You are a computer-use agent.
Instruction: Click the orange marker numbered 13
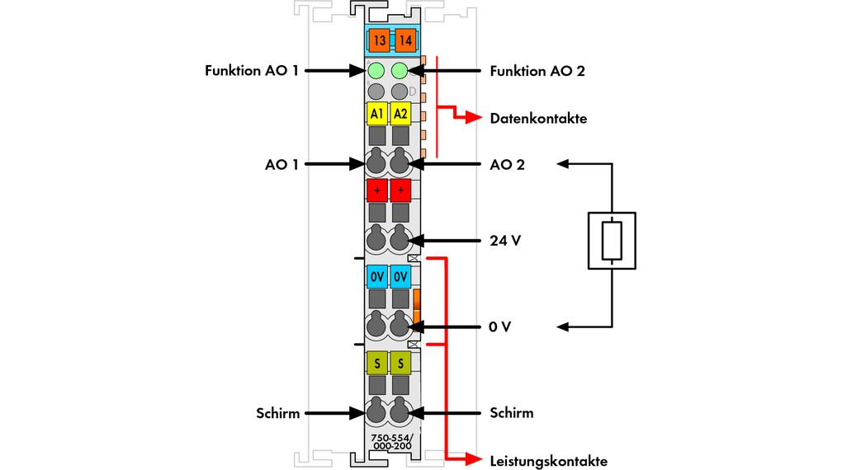(x=379, y=40)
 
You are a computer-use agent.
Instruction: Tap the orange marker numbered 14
(x=404, y=40)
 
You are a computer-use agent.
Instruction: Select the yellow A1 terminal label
(x=377, y=113)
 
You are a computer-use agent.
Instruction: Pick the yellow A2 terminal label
(x=400, y=113)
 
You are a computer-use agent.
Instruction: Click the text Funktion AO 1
(x=252, y=71)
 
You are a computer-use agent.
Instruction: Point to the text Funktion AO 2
(x=537, y=71)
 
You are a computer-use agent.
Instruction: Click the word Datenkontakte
(x=538, y=119)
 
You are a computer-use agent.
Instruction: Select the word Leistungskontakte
(x=548, y=460)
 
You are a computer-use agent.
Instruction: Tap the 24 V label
(x=505, y=242)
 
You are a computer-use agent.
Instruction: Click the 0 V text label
(x=500, y=327)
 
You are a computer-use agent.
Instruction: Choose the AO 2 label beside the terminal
(x=507, y=164)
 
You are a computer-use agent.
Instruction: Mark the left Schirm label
(x=277, y=412)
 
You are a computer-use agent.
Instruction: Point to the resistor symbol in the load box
(x=612, y=240)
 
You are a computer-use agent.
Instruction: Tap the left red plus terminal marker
(x=377, y=190)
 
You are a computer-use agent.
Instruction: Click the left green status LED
(x=376, y=71)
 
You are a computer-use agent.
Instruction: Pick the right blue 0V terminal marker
(x=400, y=275)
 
